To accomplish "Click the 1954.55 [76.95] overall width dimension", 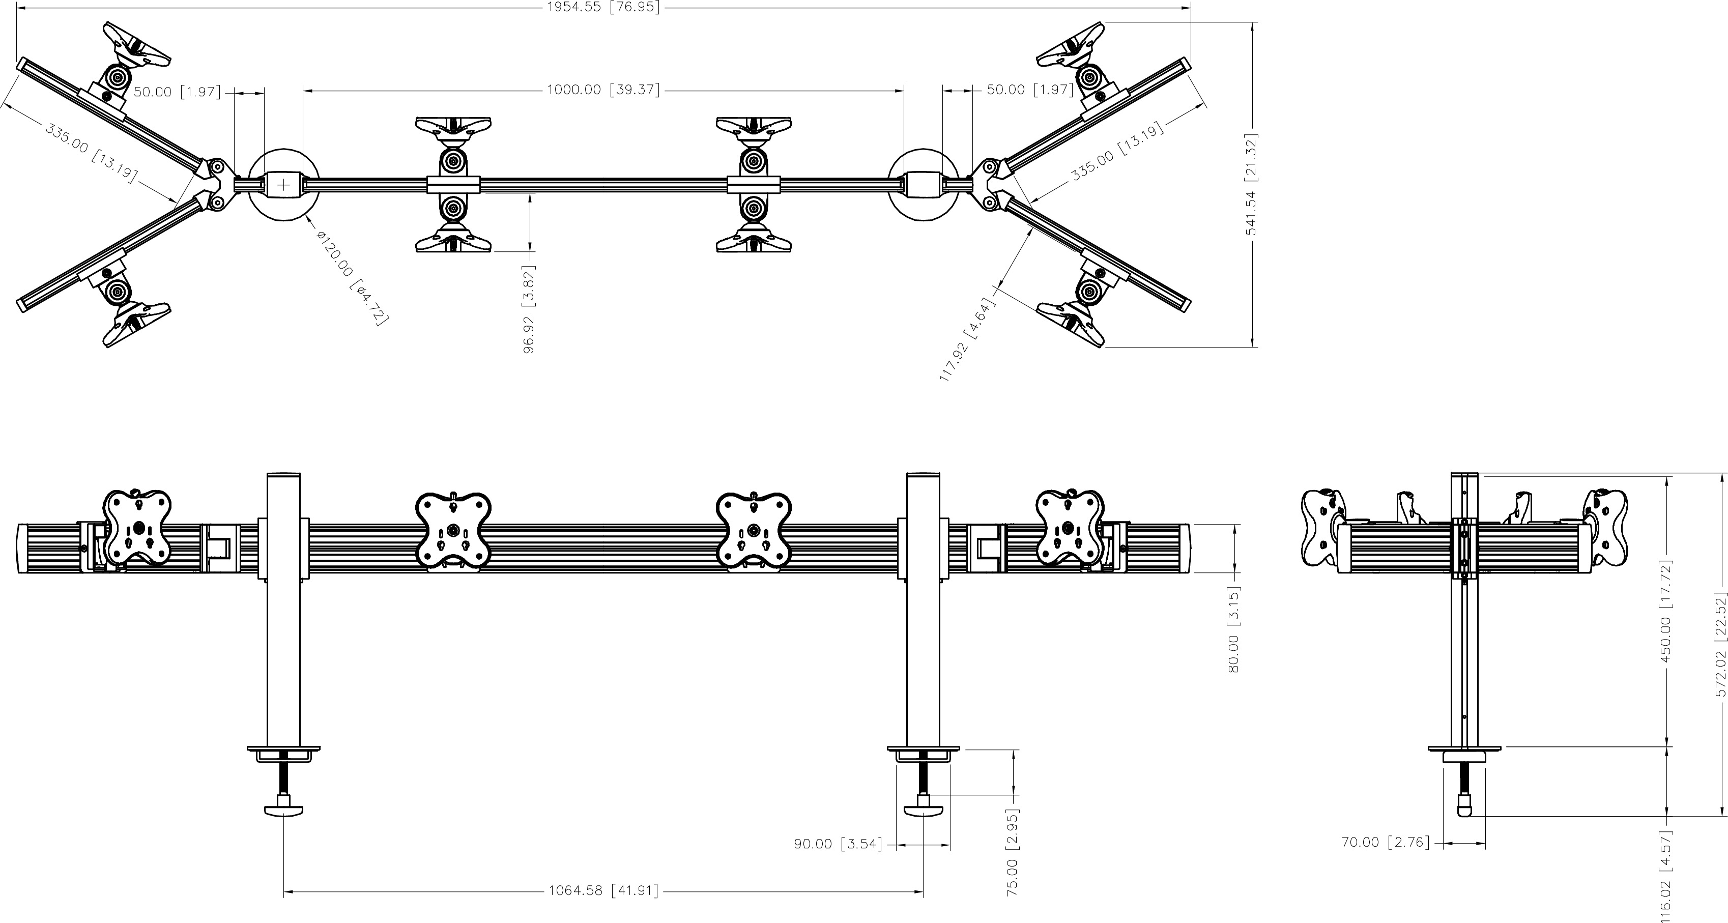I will click(x=603, y=8).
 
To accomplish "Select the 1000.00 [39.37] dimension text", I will click(x=603, y=89).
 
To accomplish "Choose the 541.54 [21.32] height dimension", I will click(x=1252, y=185).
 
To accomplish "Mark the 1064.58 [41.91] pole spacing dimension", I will click(x=603, y=891).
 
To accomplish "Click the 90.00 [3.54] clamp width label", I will click(x=839, y=844).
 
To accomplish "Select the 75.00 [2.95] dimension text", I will click(x=1013, y=852).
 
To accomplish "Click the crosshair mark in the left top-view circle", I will click(x=284, y=185).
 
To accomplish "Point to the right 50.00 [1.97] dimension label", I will click(x=1030, y=89).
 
